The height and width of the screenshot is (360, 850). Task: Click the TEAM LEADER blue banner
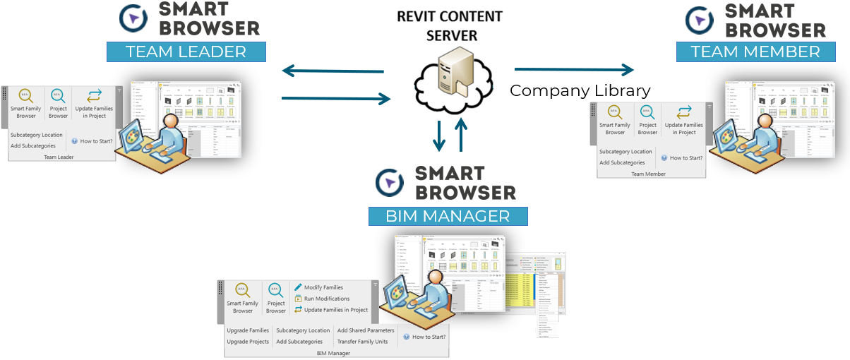click(186, 52)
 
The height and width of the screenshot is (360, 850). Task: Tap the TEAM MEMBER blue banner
click(755, 52)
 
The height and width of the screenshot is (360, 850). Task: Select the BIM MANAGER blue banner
click(448, 215)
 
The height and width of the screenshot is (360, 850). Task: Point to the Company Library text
click(580, 91)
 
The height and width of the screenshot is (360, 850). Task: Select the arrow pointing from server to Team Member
click(573, 69)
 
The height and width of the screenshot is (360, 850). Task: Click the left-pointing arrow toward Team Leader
click(333, 71)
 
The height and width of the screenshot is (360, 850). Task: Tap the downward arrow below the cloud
click(439, 136)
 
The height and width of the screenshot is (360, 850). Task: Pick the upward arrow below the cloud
click(461, 134)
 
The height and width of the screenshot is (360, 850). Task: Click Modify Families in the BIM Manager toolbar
click(323, 287)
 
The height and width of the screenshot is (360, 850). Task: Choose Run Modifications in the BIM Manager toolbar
click(326, 299)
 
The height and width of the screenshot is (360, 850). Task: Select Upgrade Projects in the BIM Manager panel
click(248, 342)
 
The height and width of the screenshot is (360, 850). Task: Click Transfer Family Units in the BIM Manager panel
click(362, 342)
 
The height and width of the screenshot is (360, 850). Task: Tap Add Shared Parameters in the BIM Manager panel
click(365, 330)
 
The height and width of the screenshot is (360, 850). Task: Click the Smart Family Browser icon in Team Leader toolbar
click(26, 96)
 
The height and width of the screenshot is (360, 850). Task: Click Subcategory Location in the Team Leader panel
click(37, 135)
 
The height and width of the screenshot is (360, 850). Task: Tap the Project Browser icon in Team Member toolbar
click(647, 113)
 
